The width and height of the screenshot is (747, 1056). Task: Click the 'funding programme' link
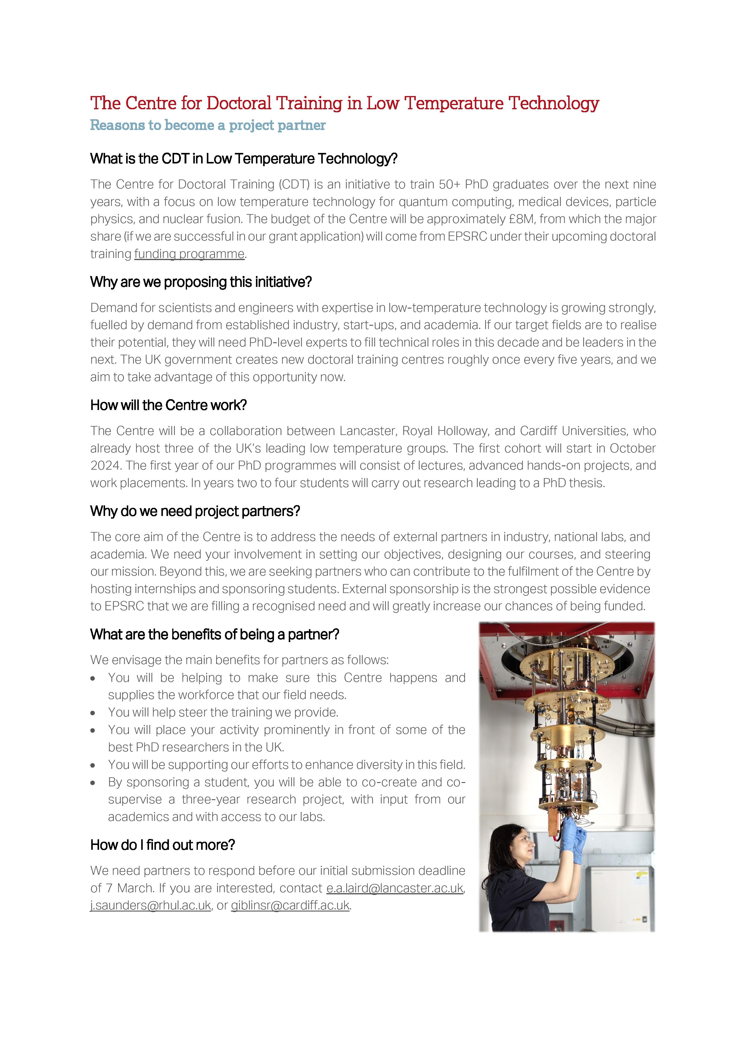click(x=189, y=254)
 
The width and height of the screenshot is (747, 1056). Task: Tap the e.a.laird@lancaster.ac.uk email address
click(x=395, y=888)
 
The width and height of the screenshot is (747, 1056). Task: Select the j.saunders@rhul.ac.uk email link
click(x=151, y=905)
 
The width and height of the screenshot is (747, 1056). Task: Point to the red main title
click(x=344, y=103)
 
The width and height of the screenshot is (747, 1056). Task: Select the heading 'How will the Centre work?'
click(x=168, y=405)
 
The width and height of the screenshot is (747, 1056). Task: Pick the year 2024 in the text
click(x=105, y=465)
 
